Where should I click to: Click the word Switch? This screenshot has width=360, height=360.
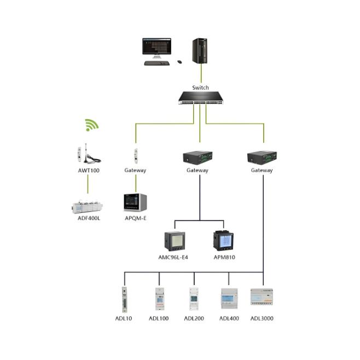pyautogui.click(x=200, y=88)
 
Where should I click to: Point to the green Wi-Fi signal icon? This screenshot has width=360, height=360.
pyautogui.click(x=91, y=125)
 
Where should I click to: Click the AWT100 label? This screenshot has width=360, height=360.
pyautogui.click(x=88, y=170)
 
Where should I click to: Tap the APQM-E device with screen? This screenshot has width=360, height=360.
pyautogui.click(x=136, y=202)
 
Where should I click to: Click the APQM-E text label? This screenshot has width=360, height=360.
pyautogui.click(x=135, y=218)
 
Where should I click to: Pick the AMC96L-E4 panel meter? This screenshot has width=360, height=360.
pyautogui.click(x=175, y=241)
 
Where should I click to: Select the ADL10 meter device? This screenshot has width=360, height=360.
pyautogui.click(x=124, y=299)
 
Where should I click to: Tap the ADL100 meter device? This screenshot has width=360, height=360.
pyautogui.click(x=159, y=299)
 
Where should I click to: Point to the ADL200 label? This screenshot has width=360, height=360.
pyautogui.click(x=194, y=318)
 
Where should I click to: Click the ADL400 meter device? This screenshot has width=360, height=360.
pyautogui.click(x=229, y=299)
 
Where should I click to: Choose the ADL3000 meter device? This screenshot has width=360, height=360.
pyautogui.click(x=262, y=297)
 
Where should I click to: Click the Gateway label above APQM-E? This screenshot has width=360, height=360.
pyautogui.click(x=135, y=170)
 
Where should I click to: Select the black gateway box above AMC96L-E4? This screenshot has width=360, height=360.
pyautogui.click(x=198, y=158)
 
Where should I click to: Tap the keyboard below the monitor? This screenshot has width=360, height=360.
pyautogui.click(x=157, y=63)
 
